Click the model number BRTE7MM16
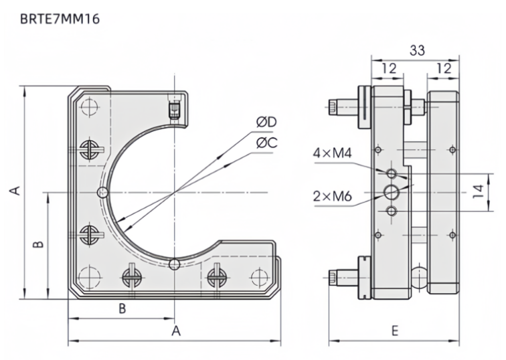pos(60,19)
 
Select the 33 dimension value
pos(415,51)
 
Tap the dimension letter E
pos(394,331)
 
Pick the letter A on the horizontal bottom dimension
pos(176,331)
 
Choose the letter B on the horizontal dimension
pos(122,308)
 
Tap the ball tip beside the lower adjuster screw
pos(419,274)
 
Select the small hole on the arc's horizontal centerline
pos(102,193)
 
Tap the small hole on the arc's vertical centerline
pos(174,264)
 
